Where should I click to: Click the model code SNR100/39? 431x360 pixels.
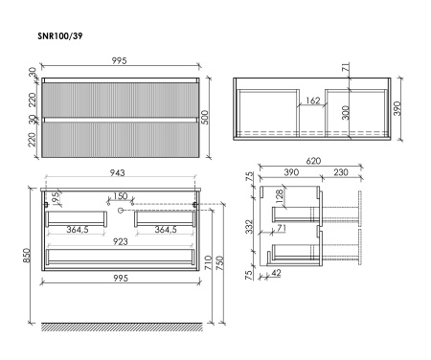60,35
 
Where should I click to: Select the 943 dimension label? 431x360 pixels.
118,172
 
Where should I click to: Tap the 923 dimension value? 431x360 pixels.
121,241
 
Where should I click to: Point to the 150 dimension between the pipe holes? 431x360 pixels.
121,196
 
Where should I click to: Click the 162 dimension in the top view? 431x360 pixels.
313,101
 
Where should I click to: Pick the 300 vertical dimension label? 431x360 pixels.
346,113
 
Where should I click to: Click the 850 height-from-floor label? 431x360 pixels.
27,256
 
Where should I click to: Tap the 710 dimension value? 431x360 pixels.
208,262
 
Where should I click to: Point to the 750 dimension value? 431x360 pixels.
220,262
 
